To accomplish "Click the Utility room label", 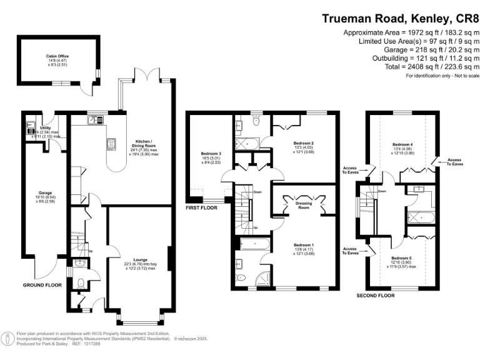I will (x=45, y=128).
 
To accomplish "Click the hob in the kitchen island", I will (x=112, y=144).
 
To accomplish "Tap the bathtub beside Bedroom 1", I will (x=254, y=242).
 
